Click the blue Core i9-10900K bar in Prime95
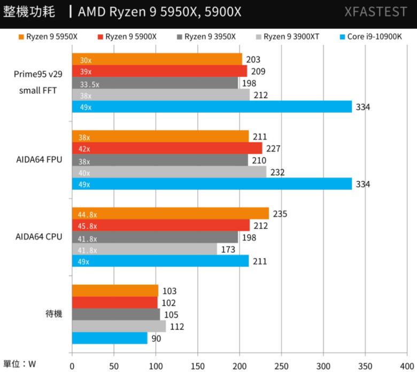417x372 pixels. pyautogui.click(x=212, y=107)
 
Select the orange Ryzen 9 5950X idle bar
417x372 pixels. pyautogui.click(x=115, y=291)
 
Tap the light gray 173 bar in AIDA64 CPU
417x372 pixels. pyautogui.click(x=144, y=249)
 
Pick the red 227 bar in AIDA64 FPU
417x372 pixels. pyautogui.click(x=167, y=149)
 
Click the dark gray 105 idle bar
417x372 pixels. pyautogui.click(x=115, y=314)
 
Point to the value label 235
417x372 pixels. pyautogui.click(x=280, y=214)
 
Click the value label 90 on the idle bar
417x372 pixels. pyautogui.click(x=156, y=338)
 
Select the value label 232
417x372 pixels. pyautogui.click(x=277, y=172)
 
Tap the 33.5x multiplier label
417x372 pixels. pyautogui.click(x=89, y=84)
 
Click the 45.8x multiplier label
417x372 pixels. pyautogui.click(x=88, y=226)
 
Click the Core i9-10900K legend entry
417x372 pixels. pyautogui.click(x=370, y=37)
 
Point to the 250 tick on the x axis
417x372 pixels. pyautogui.click(x=281, y=366)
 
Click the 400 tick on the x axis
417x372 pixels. pyautogui.click(x=407, y=366)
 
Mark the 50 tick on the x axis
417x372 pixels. pyautogui.click(x=114, y=366)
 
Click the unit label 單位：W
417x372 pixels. pyautogui.click(x=20, y=364)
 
